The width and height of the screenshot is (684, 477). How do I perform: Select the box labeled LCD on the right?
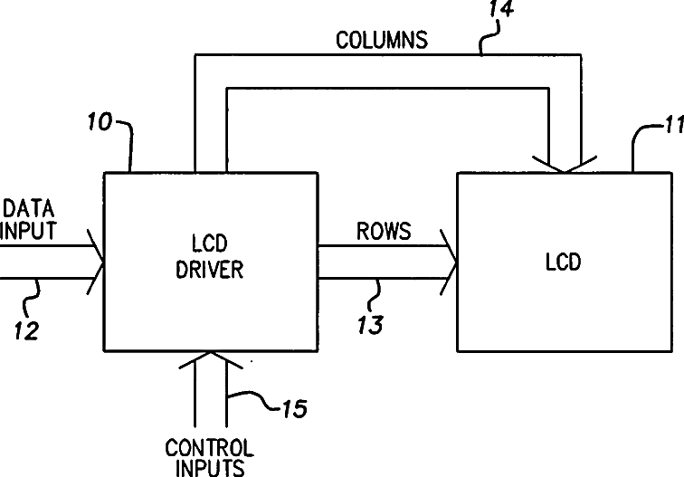pos(562,262)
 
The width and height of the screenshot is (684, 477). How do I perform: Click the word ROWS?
pos(383,231)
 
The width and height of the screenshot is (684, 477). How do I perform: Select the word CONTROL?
pos(209,448)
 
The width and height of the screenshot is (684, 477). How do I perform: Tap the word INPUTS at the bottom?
pos(210,467)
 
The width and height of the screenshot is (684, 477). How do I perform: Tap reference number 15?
pos(290,408)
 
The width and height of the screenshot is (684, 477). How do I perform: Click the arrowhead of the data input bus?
pos(97,262)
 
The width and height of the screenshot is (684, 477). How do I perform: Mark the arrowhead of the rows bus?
pos(449,262)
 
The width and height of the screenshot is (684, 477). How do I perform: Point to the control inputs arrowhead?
pos(211,361)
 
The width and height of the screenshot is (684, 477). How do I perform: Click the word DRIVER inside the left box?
pos(210,269)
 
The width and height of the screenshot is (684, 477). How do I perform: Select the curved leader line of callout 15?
pos(253,398)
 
